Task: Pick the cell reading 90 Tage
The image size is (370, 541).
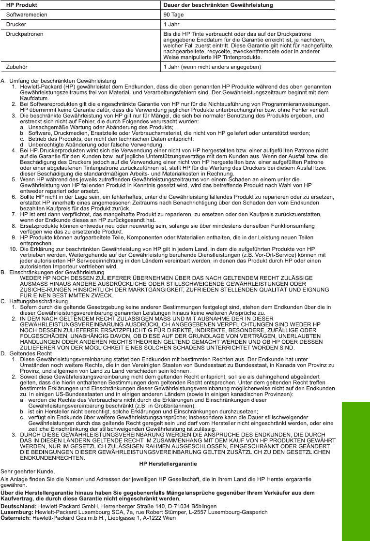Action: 173,14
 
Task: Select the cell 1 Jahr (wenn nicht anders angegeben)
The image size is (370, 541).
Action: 212,67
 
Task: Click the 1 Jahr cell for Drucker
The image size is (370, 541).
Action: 171,23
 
